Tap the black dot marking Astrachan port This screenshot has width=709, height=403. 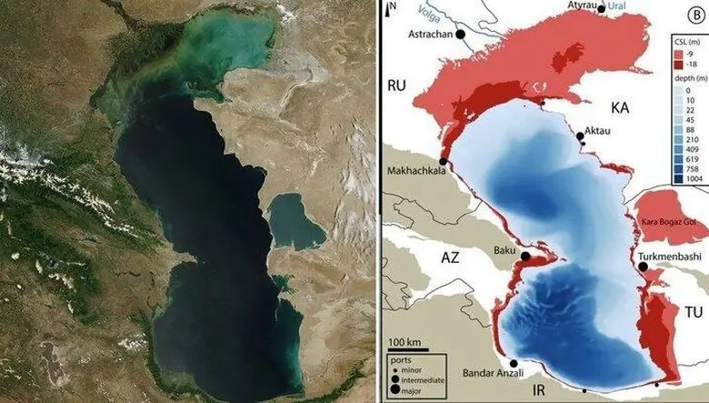(x=459, y=34)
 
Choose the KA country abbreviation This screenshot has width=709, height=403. (x=621, y=108)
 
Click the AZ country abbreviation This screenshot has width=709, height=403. (x=451, y=257)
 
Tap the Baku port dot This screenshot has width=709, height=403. (x=524, y=257)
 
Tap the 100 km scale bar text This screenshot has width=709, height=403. (x=403, y=341)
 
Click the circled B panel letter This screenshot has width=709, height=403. (x=695, y=13)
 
